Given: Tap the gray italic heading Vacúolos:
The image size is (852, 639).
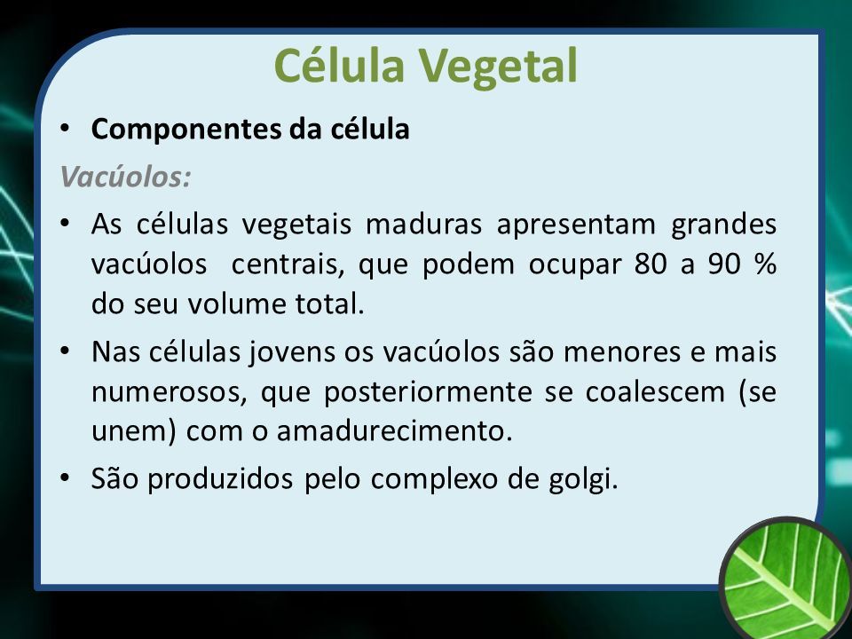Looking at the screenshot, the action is (x=125, y=176).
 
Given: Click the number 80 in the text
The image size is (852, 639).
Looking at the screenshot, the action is (x=650, y=264).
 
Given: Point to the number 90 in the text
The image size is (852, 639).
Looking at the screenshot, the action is (x=724, y=264).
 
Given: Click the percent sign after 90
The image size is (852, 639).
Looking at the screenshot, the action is (x=766, y=264).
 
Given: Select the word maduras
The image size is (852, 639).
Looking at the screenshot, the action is (x=423, y=224).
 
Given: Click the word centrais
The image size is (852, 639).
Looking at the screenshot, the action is (x=288, y=265).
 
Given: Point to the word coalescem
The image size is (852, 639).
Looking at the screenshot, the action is (x=655, y=391).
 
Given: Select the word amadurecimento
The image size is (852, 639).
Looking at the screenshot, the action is (x=394, y=431).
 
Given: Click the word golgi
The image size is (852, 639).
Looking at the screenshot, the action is (x=583, y=480).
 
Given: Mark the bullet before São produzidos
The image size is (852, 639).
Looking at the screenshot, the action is (x=65, y=478).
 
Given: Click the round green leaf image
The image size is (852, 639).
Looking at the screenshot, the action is (x=785, y=580).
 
